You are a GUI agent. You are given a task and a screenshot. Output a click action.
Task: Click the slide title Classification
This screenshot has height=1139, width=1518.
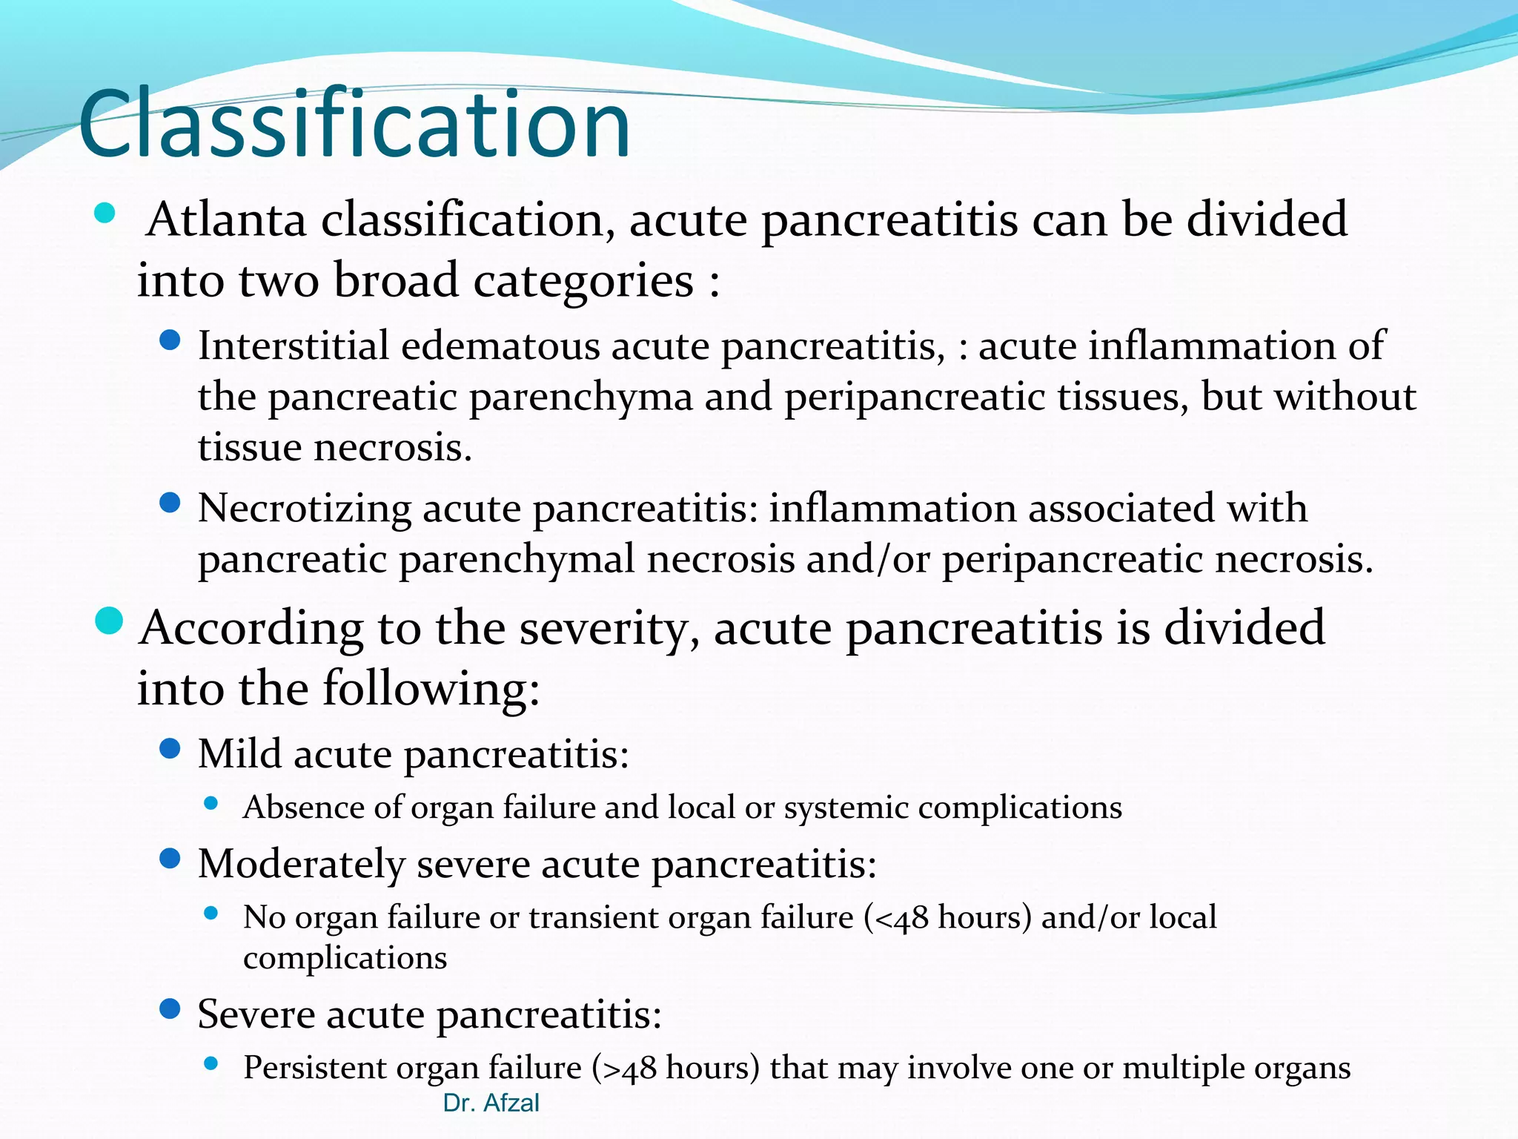[354, 125]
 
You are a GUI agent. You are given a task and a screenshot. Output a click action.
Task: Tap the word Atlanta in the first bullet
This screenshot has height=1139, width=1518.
[226, 220]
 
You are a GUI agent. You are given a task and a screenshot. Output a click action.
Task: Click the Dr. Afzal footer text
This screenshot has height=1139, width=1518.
[491, 1103]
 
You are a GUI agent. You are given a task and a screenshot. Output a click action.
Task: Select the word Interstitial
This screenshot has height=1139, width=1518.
[293, 346]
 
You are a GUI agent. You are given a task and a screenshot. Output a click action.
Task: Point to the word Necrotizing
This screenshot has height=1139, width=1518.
[304, 509]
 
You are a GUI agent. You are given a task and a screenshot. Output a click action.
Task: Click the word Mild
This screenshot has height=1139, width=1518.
[239, 754]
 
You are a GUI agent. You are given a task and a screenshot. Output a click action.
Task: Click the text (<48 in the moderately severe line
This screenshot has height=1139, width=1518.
[895, 918]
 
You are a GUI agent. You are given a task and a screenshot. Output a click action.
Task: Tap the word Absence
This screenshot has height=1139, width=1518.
[303, 808]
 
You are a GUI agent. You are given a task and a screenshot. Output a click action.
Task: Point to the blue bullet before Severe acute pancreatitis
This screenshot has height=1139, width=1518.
[170, 1009]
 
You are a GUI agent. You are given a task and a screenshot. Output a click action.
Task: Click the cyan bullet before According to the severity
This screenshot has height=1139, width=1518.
[109, 621]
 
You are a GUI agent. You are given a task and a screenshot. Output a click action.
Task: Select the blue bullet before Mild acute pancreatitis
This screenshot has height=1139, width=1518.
[170, 749]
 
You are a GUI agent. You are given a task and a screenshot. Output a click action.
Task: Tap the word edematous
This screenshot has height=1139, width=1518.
[501, 346]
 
